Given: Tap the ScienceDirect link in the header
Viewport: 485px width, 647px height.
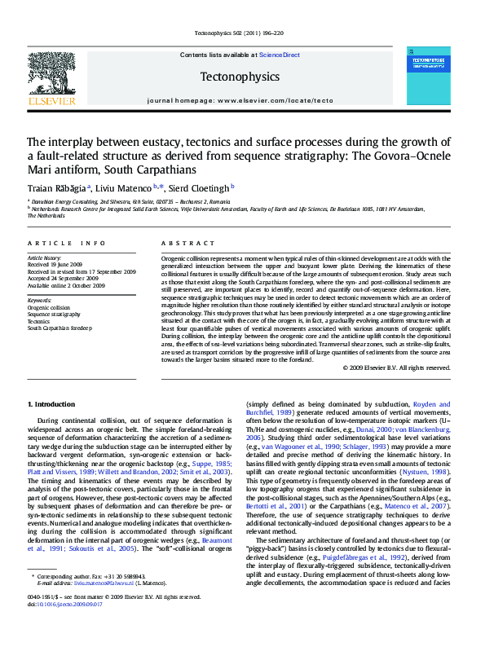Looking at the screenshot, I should coord(280,55).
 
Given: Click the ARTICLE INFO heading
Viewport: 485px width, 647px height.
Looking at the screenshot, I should coord(67,244).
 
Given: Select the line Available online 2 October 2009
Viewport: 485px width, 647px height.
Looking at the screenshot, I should coord(67,286).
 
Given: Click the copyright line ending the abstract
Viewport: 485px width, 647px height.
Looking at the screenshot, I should coord(396,368).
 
